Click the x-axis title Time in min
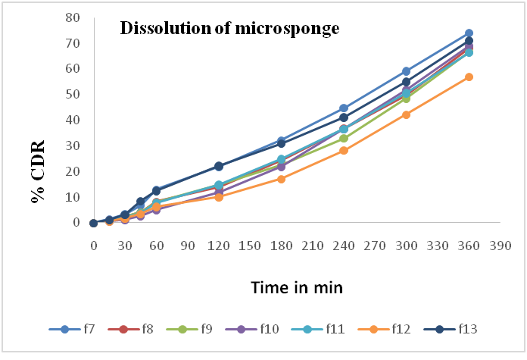pyautogui.click(x=298, y=287)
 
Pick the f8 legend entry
pyautogui.click(x=137, y=329)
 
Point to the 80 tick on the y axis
pyautogui.click(x=74, y=17)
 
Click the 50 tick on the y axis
pyautogui.click(x=74, y=94)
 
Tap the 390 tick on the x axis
pyautogui.click(x=500, y=247)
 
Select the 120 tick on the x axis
pyautogui.click(x=219, y=247)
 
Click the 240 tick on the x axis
pyautogui.click(x=344, y=247)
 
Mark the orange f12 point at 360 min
pyautogui.click(x=469, y=77)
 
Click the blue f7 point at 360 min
pyautogui.click(x=469, y=33)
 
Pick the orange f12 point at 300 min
pyautogui.click(x=406, y=114)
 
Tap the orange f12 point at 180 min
pyautogui.click(x=281, y=179)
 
